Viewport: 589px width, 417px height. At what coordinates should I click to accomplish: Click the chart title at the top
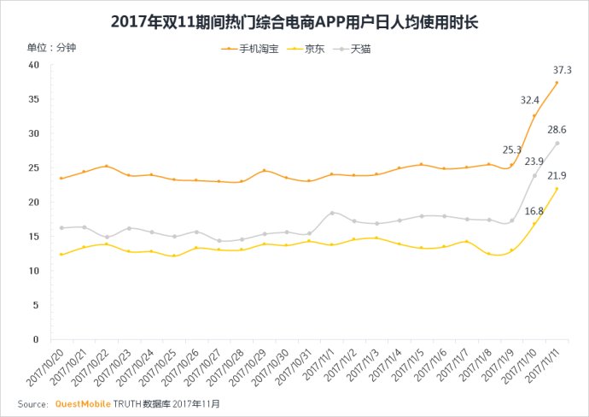point(294,20)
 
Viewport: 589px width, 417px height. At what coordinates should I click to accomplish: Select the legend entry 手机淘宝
point(255,50)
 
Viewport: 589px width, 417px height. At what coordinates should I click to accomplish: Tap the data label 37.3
point(562,70)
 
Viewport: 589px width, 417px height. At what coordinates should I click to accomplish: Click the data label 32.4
point(531,100)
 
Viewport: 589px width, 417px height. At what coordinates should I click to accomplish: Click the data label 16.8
point(534,210)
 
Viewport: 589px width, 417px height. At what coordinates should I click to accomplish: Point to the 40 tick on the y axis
point(34,65)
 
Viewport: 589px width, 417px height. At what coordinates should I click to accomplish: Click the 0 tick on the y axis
point(37,339)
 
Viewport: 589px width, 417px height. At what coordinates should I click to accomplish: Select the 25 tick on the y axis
point(34,167)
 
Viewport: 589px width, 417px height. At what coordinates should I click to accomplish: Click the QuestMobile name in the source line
point(84,403)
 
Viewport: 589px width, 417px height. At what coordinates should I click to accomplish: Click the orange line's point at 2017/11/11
point(557,83)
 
